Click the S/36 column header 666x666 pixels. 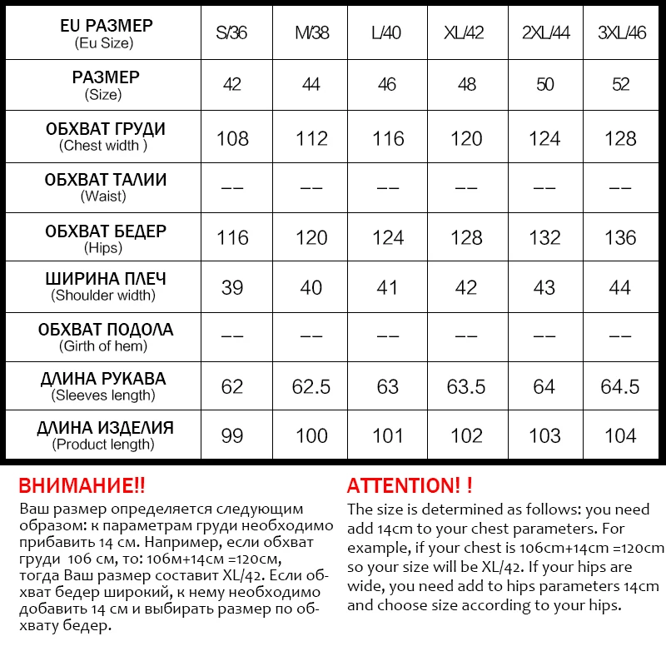coord(232,34)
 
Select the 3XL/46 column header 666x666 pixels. coord(621,34)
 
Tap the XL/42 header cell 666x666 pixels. coord(465,34)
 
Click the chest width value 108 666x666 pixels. coord(232,138)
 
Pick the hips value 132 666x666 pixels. coord(544,238)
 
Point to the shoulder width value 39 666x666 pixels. coord(232,288)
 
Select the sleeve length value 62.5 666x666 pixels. coord(311,386)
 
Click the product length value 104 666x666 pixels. coord(621,436)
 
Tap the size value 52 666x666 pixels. coord(621,85)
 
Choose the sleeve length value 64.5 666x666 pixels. coord(621,386)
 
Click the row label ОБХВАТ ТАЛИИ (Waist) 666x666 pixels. coord(105,187)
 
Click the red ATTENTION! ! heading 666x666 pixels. coord(410,486)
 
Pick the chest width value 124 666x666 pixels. coord(544,138)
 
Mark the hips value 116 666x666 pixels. coord(232,238)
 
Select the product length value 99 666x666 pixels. coord(232,436)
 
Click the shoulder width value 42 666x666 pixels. coord(465,288)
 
